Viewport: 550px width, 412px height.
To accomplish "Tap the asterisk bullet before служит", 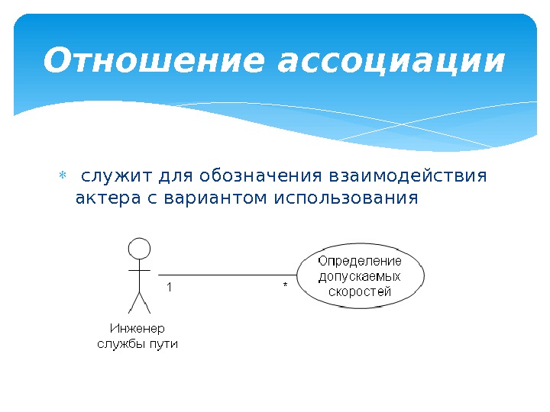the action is tap(63, 177).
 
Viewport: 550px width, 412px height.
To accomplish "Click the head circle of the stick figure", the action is tap(138, 249).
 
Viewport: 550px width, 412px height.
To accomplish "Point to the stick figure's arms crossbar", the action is tap(138, 270).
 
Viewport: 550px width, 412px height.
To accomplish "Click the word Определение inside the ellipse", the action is tap(360, 261).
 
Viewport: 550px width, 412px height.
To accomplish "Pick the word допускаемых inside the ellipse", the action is tap(360, 276).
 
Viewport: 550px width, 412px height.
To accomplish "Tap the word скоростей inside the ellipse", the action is tap(360, 291).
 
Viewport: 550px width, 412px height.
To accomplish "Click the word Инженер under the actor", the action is tap(137, 329).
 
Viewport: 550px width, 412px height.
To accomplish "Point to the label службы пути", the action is tap(137, 344).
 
